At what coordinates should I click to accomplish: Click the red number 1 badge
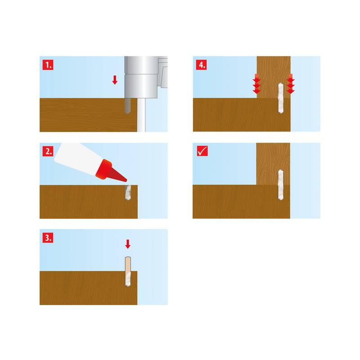48,65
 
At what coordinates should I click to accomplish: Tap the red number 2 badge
48,151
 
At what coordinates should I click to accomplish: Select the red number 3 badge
48,238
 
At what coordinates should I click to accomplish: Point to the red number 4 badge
201,65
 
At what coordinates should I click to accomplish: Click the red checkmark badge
202,151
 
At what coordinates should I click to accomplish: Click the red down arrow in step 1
115,80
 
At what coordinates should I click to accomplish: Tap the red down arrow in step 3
128,244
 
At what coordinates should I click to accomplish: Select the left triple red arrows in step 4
256,84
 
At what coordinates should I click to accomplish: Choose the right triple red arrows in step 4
291,84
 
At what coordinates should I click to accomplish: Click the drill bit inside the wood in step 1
128,106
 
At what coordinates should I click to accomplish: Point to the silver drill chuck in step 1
141,77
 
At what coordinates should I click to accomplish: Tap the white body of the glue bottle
77,159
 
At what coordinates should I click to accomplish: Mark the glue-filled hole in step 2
128,193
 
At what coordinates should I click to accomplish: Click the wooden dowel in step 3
128,271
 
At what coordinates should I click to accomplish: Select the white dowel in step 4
281,98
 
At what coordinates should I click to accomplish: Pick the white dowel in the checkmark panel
281,185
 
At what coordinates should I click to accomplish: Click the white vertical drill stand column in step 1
141,115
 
